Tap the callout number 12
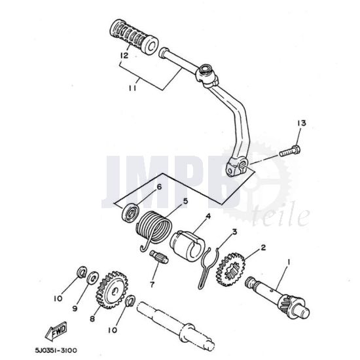[124, 56]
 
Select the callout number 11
[132, 88]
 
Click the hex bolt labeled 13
[290, 151]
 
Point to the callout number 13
[302, 123]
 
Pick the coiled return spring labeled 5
[154, 231]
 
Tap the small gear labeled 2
[230, 270]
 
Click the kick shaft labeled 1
[277, 298]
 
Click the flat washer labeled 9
[92, 278]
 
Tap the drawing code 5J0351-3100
[56, 350]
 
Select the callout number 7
[153, 285]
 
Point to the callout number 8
[92, 319]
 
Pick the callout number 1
[289, 262]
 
